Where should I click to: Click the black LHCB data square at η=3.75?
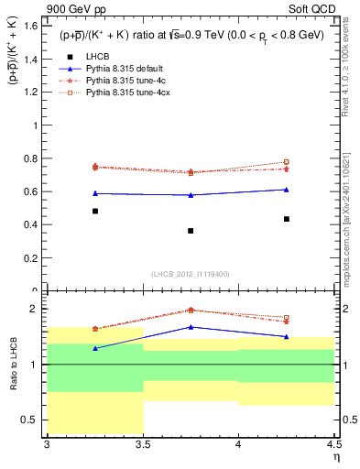pos(191,230)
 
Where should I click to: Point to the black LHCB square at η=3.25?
pos(94,211)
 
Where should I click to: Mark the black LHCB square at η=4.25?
pos(287,219)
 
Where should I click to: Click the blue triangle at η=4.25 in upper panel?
pos(287,190)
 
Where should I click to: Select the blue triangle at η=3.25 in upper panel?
pos(94,193)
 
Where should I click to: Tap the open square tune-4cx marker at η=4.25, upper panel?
pos(287,162)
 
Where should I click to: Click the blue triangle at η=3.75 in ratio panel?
pos(191,326)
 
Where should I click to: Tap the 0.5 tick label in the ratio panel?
pos(32,420)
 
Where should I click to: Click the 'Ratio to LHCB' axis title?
pos(14,365)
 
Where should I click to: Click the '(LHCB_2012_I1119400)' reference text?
pos(191,274)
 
